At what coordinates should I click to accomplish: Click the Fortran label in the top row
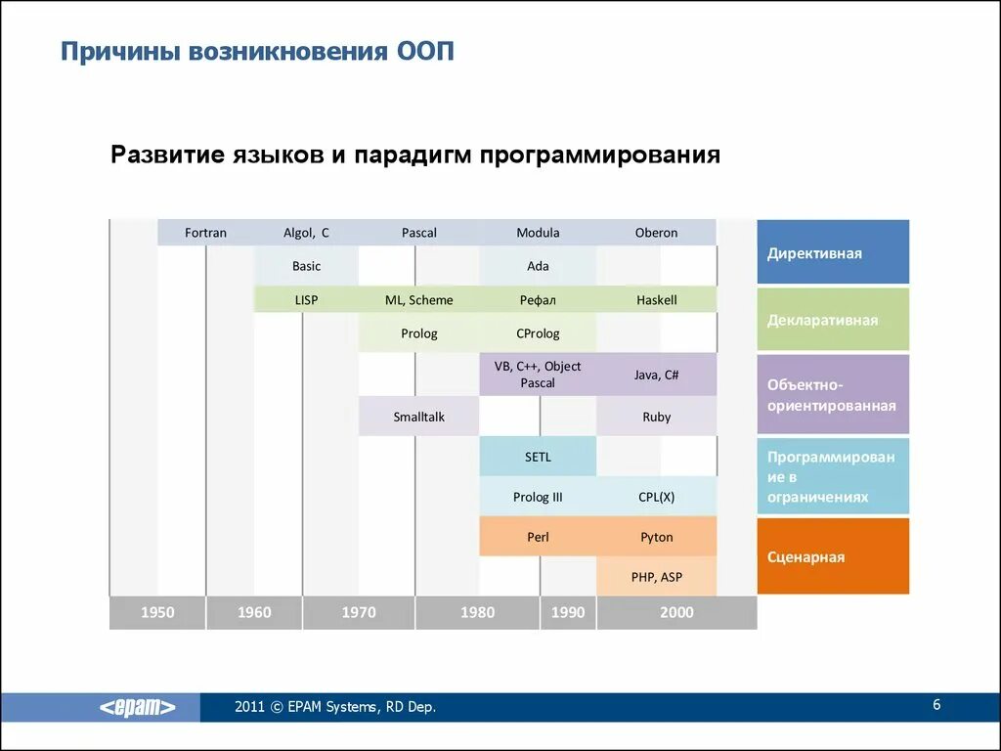tap(205, 233)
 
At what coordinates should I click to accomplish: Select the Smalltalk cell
tap(418, 417)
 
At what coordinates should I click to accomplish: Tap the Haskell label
tap(656, 300)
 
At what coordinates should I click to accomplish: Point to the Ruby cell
tap(656, 417)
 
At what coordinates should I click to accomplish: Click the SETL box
tap(538, 457)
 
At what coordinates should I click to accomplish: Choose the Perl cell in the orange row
tap(538, 537)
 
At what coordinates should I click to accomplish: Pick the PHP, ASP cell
tap(656, 577)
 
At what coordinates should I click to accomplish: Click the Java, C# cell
tap(656, 375)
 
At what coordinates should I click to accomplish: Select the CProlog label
tap(538, 333)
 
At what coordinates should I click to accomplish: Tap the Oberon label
tap(656, 233)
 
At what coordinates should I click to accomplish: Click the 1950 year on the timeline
tap(157, 612)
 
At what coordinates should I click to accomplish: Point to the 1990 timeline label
tap(568, 612)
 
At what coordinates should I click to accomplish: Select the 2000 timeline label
tap(676, 612)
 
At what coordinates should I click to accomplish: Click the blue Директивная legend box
tap(833, 252)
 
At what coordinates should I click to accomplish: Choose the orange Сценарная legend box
tap(833, 556)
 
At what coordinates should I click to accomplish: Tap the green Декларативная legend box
tap(833, 320)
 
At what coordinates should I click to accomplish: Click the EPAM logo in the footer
tap(138, 708)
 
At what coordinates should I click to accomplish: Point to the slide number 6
tap(936, 705)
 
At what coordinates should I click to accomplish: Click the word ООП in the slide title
tap(427, 51)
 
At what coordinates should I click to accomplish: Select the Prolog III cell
tap(538, 497)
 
